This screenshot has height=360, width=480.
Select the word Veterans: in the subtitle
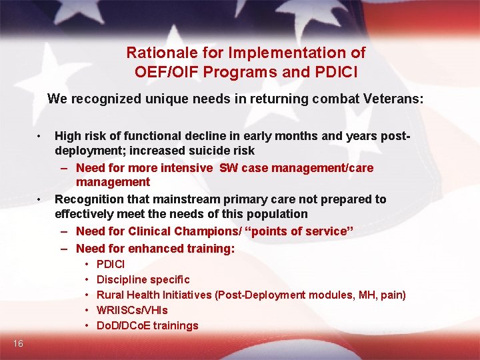pos(393,99)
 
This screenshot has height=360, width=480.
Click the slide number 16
pos(18,343)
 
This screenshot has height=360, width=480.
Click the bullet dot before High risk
pos(40,136)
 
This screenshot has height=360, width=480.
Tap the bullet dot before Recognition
pos(40,199)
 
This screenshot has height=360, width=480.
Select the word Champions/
pos(205,231)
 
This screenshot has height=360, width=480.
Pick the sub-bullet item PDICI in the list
pos(111,264)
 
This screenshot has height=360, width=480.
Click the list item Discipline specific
pos(143,279)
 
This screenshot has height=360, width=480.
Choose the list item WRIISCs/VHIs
pos(132,310)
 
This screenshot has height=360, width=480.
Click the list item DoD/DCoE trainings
pos(147,325)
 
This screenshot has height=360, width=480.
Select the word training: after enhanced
pos(211,249)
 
